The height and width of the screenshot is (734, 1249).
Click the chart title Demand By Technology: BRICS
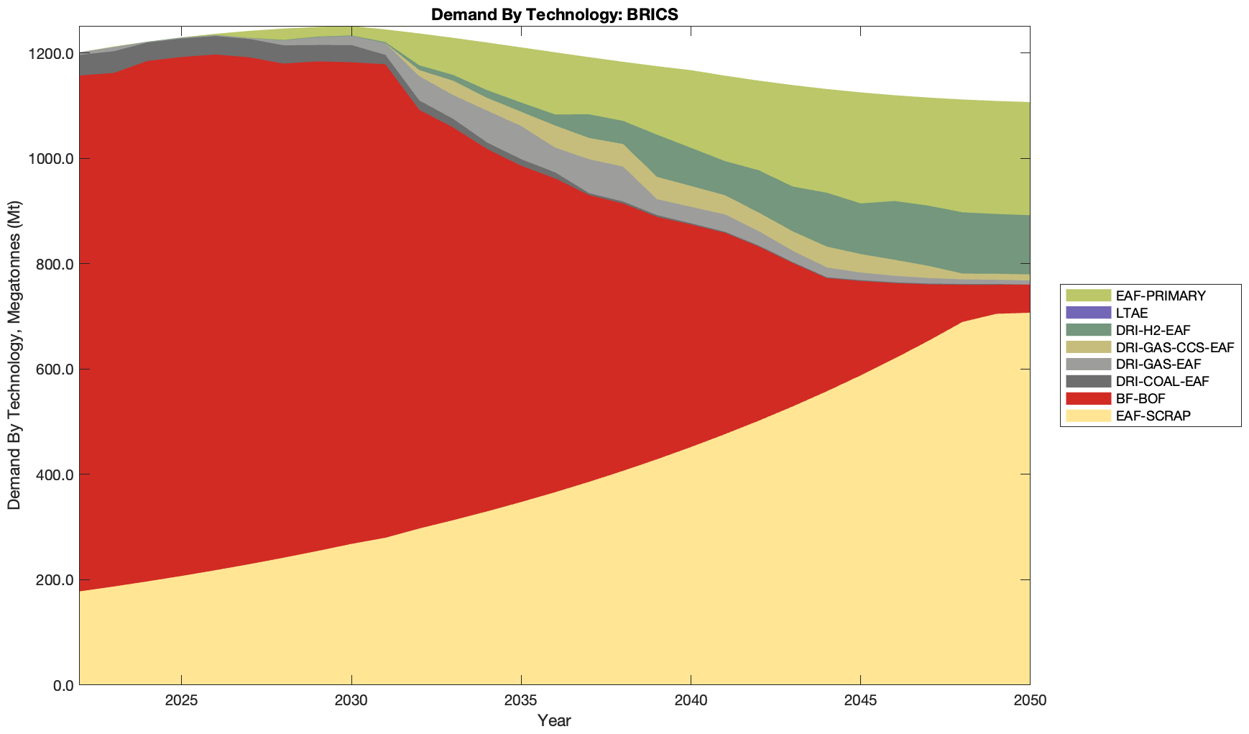click(x=554, y=14)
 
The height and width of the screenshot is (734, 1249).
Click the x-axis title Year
click(x=554, y=720)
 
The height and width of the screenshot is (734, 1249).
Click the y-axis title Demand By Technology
click(x=14, y=355)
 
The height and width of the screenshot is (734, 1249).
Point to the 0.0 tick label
click(x=62, y=685)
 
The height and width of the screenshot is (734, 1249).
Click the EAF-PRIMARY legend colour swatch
click(x=1088, y=295)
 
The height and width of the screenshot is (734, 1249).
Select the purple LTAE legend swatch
click(x=1088, y=313)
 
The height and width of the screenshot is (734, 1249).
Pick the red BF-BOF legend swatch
click(x=1088, y=398)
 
